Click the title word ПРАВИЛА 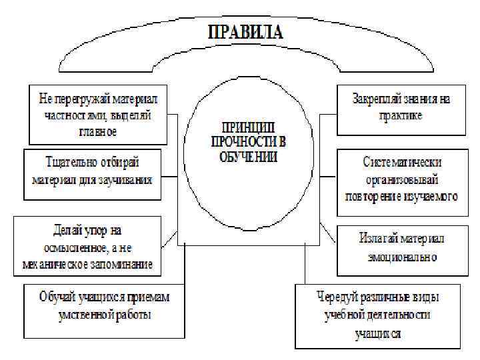[246, 32]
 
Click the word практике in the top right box [402, 115]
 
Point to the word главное [97, 131]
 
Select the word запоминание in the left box [123, 264]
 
